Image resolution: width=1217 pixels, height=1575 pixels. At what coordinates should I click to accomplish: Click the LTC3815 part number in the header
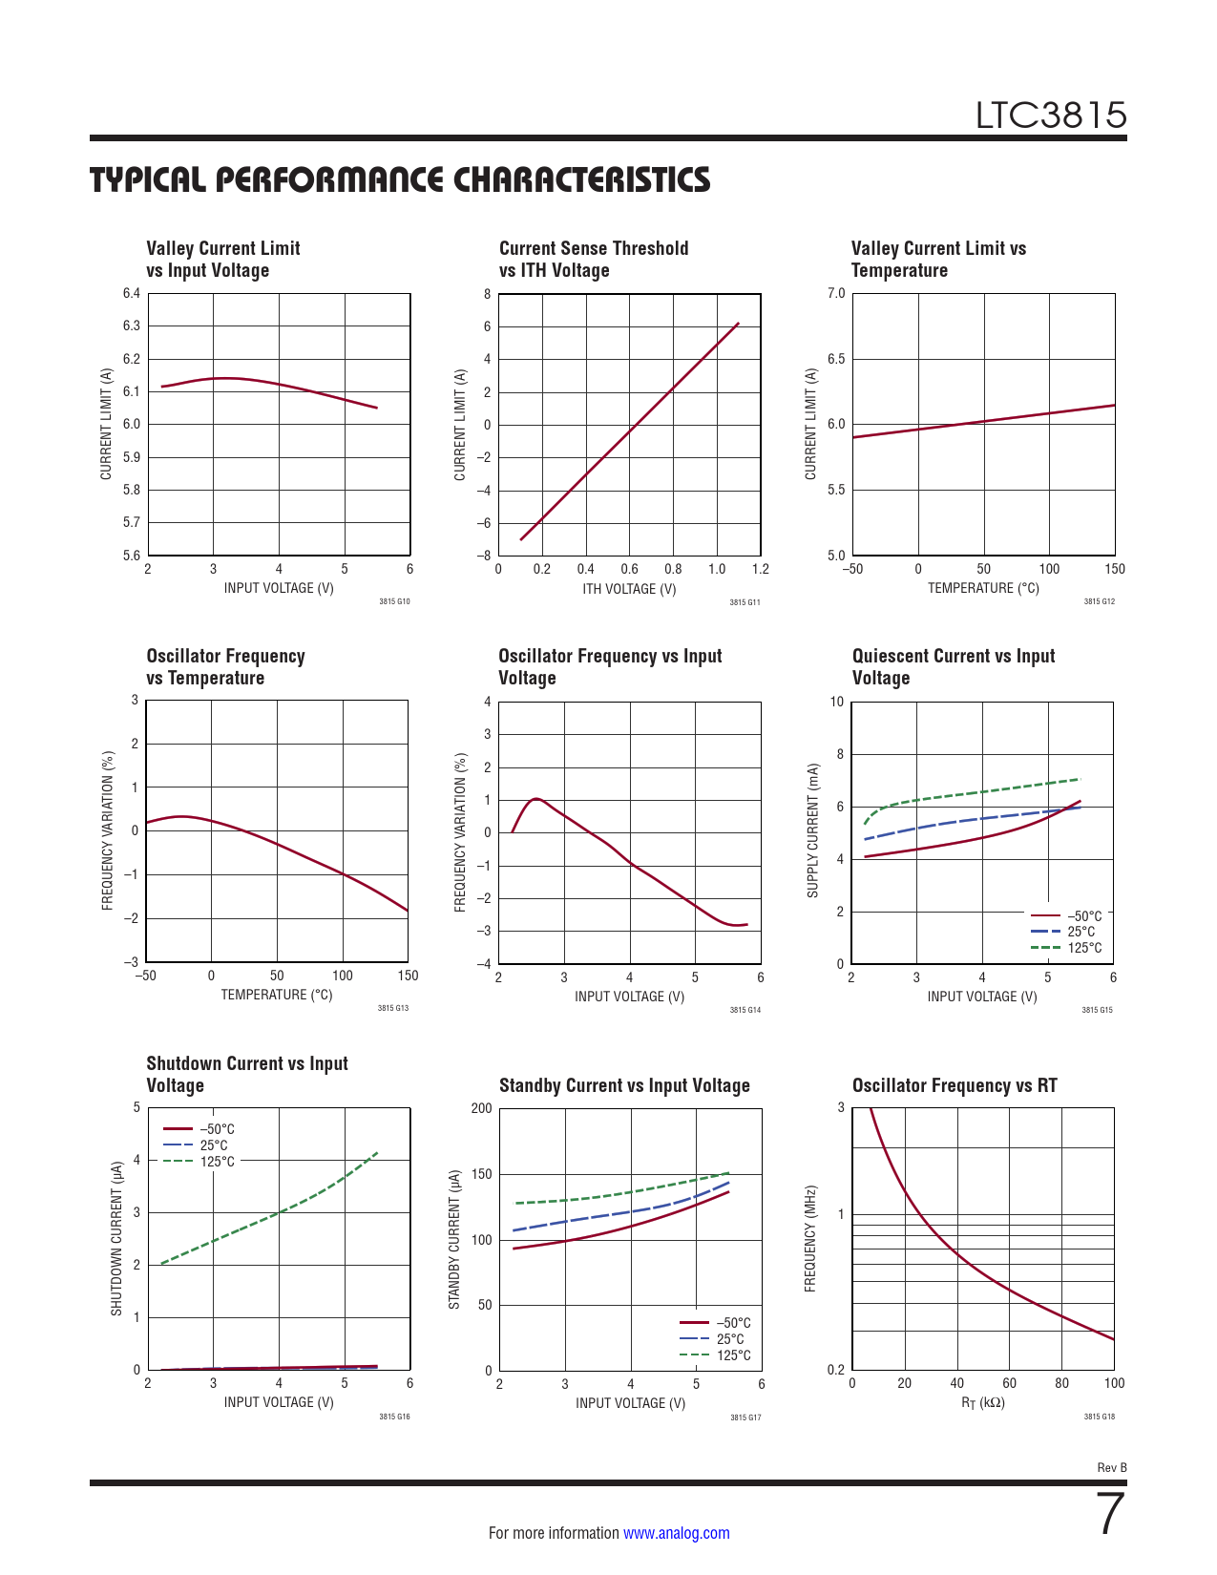click(1050, 115)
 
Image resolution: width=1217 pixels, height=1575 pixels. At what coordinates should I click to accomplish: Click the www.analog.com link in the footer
click(676, 1533)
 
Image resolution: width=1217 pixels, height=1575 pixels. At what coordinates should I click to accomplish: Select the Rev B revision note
click(1111, 1468)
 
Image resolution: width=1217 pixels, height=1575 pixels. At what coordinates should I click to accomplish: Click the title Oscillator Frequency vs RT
click(955, 1085)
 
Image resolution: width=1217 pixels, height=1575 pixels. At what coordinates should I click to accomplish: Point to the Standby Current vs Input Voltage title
click(624, 1085)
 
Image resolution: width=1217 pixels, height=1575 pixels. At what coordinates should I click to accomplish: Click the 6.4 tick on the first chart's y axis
click(132, 293)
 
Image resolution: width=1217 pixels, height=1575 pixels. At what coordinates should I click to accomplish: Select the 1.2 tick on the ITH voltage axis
click(760, 569)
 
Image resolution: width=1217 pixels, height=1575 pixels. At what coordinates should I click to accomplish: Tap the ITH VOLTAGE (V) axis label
click(629, 589)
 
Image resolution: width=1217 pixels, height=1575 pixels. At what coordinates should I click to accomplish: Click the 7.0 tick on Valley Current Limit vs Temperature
click(836, 293)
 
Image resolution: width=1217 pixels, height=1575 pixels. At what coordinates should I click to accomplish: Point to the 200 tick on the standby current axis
click(482, 1108)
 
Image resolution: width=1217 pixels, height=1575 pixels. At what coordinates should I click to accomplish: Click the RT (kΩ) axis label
click(982, 1403)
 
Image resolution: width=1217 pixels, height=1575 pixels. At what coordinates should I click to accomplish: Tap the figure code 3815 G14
click(745, 1010)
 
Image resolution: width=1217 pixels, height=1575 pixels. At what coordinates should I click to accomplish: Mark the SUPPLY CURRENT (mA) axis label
click(813, 830)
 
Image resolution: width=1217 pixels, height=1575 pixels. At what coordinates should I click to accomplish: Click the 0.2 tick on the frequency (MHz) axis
click(836, 1370)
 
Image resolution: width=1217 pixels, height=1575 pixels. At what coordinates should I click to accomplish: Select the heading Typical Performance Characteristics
click(400, 179)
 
